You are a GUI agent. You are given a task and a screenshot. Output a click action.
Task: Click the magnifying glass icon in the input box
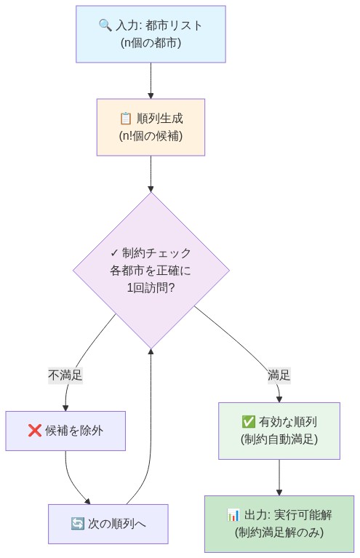click(105, 25)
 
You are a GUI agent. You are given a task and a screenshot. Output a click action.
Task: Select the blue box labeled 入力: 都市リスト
click(151, 33)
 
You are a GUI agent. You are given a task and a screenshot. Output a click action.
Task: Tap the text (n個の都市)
click(151, 42)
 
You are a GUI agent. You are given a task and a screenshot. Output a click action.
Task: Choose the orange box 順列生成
click(151, 127)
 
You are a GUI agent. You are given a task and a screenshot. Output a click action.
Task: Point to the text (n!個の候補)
click(151, 135)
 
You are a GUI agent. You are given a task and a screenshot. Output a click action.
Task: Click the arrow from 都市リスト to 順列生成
click(151, 80)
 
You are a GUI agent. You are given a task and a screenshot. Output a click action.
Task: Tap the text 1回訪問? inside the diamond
click(151, 287)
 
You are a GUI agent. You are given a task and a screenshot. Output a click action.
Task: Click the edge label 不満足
click(65, 375)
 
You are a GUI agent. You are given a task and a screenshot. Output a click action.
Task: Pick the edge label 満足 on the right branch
click(279, 375)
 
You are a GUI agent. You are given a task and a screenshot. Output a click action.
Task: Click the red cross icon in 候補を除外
click(34, 431)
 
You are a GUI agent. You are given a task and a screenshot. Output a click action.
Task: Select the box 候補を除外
click(65, 431)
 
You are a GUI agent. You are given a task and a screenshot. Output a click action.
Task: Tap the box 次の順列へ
click(108, 524)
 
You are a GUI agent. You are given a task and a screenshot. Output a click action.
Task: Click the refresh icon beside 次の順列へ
click(77, 524)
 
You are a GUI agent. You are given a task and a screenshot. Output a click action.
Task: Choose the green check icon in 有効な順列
click(248, 422)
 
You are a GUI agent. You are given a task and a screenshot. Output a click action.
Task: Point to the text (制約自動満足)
click(279, 439)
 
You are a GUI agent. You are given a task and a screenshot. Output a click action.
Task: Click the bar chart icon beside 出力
click(233, 515)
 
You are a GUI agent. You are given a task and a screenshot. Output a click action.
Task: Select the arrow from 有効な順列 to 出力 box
click(279, 477)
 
